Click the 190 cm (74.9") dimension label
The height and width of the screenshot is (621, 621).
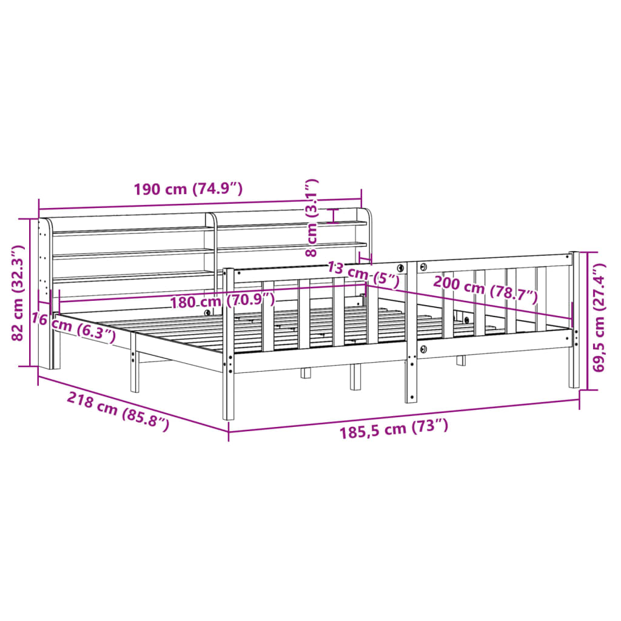pyautogui.click(x=188, y=189)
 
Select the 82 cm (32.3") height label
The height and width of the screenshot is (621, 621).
pyautogui.click(x=18, y=293)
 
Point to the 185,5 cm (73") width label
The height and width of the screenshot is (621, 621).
pyautogui.click(x=394, y=429)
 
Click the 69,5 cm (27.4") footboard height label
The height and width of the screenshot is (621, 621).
pyautogui.click(x=599, y=318)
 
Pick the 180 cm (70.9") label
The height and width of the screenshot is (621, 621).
pyautogui.click(x=222, y=301)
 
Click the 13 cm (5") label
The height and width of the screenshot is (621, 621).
pyautogui.click(x=363, y=275)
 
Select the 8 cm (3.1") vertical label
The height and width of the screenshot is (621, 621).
pyautogui.click(x=312, y=218)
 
